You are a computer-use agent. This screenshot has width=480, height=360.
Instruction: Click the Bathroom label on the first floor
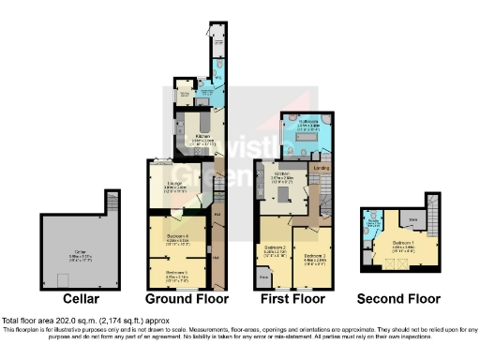309,123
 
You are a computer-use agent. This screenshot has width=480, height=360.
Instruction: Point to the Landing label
321,168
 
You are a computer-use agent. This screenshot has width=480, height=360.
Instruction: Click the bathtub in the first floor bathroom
309,150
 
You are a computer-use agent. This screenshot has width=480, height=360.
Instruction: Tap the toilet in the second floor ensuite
374,222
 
